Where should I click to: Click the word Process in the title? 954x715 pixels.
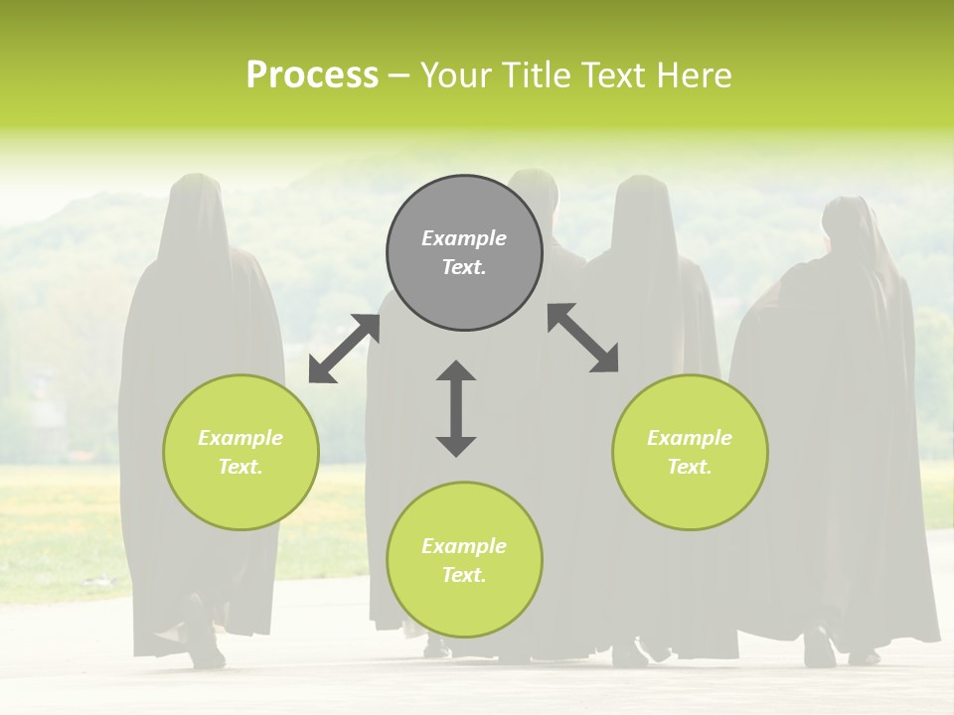click(x=312, y=75)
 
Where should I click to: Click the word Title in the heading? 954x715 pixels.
click(x=536, y=75)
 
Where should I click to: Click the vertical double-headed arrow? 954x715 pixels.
click(x=456, y=408)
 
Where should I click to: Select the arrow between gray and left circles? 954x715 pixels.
click(x=344, y=349)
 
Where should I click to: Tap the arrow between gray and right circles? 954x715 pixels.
click(x=583, y=338)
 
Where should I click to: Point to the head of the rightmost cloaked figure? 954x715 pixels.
click(x=847, y=223)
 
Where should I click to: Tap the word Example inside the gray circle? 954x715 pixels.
click(x=464, y=238)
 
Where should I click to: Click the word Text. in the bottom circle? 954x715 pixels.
click(x=464, y=575)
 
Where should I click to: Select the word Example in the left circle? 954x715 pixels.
click(x=240, y=438)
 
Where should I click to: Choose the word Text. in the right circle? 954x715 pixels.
click(x=690, y=467)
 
